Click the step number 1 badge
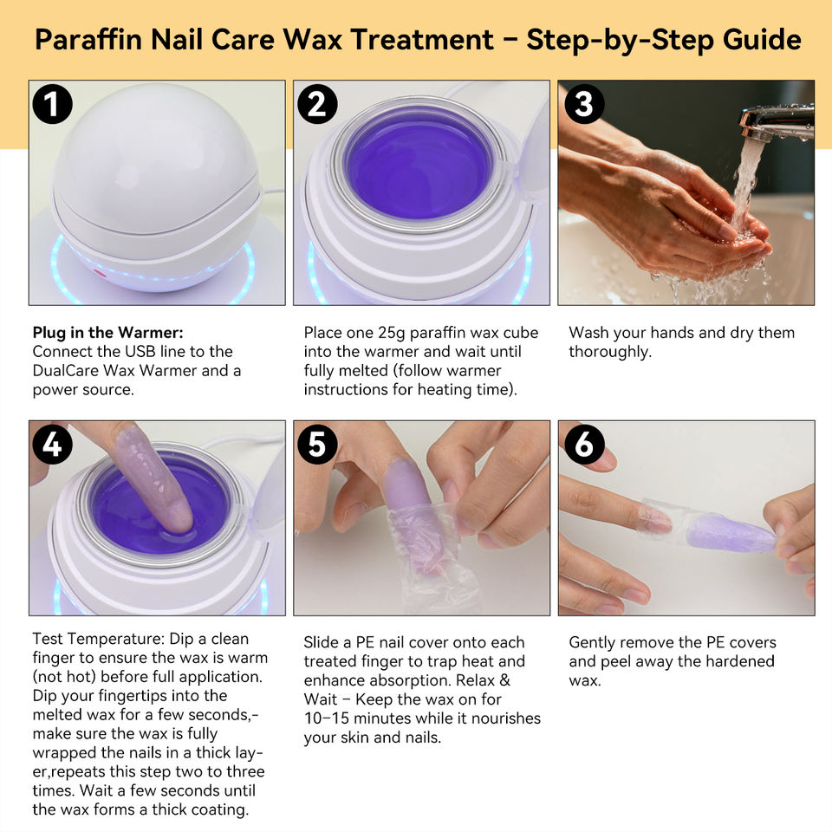52,104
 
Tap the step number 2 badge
317,104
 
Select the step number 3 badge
584,104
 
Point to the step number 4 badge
52,444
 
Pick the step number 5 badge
317,444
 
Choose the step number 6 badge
584,444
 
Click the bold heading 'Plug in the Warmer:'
107,333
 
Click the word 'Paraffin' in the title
88,39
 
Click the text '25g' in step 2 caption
392,333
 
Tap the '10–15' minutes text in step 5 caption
327,718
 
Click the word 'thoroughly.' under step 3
610,352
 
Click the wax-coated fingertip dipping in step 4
154,478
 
